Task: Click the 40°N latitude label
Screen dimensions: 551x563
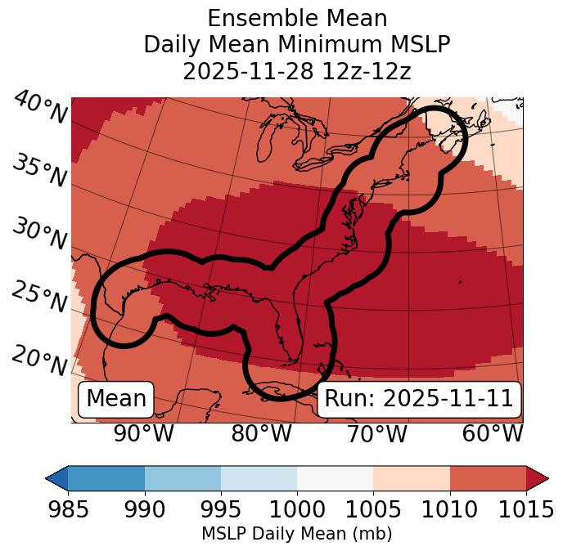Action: tap(40, 109)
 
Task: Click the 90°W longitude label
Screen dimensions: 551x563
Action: tap(143, 433)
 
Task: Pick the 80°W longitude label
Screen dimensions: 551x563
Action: tap(261, 433)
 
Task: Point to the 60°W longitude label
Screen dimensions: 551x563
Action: tap(493, 433)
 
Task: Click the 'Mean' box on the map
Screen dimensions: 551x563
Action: tap(116, 399)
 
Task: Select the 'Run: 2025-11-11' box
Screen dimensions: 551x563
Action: tap(419, 399)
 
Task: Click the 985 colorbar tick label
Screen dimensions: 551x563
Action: tap(68, 510)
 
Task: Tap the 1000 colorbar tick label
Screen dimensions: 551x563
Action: tap(297, 510)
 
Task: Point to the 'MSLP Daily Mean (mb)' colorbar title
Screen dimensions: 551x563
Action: tap(296, 534)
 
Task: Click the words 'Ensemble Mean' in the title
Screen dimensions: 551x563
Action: tap(297, 18)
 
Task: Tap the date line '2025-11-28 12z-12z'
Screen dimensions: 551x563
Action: tap(297, 71)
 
